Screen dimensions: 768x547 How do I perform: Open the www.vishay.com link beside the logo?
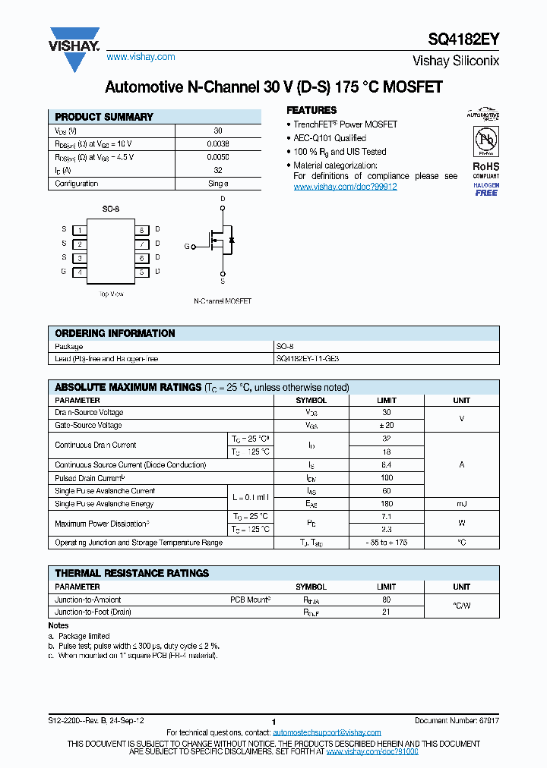click(x=141, y=57)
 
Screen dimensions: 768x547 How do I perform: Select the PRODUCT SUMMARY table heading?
click(x=104, y=117)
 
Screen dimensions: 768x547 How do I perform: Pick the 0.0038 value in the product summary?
click(x=218, y=143)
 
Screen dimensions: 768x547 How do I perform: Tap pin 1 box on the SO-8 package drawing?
click(x=79, y=230)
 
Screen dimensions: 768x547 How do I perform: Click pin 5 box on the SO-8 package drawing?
click(x=141, y=272)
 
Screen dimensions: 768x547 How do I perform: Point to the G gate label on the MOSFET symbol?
click(x=187, y=247)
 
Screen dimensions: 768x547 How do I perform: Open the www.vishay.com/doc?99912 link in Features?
click(x=345, y=187)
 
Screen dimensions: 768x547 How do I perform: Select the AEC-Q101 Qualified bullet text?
click(x=330, y=138)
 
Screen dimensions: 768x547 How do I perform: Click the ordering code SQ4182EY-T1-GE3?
click(x=314, y=358)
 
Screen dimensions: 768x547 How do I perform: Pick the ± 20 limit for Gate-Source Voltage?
click(x=386, y=426)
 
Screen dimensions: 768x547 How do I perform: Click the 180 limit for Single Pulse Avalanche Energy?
click(x=386, y=504)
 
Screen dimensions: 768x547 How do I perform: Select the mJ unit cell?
click(x=461, y=504)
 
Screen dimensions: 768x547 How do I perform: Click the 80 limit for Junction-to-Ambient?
click(x=386, y=600)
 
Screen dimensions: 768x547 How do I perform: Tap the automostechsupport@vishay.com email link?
click(x=316, y=732)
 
